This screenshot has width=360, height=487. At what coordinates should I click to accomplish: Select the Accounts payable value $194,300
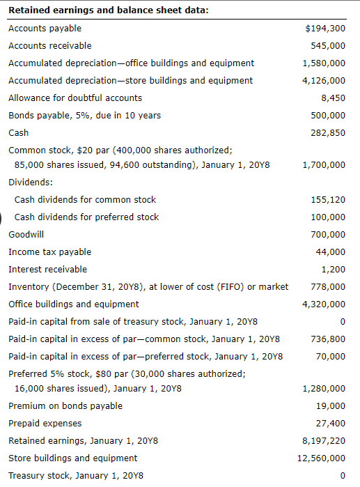pos(325,29)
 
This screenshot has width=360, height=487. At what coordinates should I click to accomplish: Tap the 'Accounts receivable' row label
pos(49,45)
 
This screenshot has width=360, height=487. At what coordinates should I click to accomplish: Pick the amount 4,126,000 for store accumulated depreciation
pos(324,81)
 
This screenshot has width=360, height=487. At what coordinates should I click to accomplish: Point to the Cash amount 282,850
pos(329,133)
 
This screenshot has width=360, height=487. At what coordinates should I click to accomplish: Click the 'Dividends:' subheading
pos(30,182)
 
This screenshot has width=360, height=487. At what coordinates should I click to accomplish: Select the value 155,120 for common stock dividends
pos(329,200)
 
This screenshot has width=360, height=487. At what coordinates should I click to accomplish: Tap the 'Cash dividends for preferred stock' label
pos(86,217)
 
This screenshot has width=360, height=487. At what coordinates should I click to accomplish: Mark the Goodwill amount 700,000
pos(329,235)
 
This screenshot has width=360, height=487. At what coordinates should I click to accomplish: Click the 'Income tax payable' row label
pos(49,252)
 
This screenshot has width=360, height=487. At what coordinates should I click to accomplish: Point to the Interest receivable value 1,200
pos(333,270)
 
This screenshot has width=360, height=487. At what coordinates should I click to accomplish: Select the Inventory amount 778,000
pos(329,287)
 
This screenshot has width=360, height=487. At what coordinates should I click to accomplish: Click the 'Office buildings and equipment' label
pos(73,304)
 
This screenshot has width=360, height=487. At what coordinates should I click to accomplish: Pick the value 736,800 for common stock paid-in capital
pos(329,339)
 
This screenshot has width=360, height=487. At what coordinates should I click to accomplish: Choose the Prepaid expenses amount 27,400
pos(331,424)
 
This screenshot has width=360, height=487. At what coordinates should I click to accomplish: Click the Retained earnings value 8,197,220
pos(324,441)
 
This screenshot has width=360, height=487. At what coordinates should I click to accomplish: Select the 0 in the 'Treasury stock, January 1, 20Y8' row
pos(342,476)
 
